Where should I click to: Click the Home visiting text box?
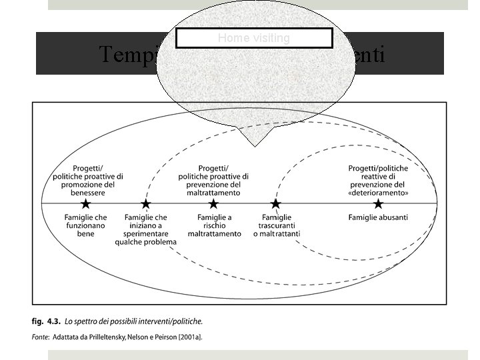(x=254, y=38)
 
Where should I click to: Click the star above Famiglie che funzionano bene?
(x=86, y=204)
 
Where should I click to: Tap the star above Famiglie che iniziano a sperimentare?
(x=146, y=204)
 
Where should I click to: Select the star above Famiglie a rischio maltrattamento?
(x=213, y=204)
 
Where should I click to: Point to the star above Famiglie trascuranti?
(x=275, y=204)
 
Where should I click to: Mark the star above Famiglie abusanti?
(x=378, y=204)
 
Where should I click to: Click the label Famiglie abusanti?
(x=378, y=217)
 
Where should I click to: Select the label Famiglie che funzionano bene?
(x=86, y=225)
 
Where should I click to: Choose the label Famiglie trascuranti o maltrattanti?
(x=277, y=225)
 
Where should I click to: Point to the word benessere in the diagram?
(x=88, y=192)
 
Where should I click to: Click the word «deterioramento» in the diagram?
(x=378, y=192)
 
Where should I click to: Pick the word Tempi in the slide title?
(x=127, y=54)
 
